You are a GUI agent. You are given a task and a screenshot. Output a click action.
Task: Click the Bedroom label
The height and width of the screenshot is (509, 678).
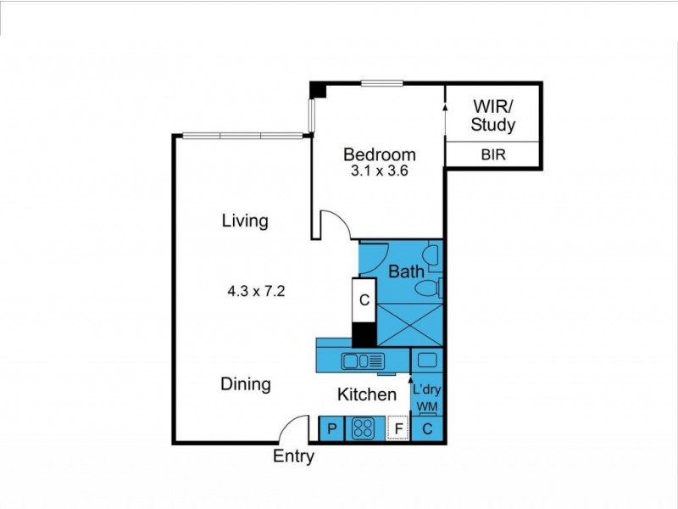[x=379, y=155]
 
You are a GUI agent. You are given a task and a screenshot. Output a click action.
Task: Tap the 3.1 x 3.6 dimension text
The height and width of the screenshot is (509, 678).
[x=379, y=171]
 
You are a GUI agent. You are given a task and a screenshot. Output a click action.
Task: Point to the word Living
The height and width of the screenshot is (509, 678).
[x=245, y=221]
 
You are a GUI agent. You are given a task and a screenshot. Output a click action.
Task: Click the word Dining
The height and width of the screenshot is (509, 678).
[x=246, y=384]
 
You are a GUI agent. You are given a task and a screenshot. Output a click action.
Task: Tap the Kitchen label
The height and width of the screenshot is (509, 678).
[x=367, y=394]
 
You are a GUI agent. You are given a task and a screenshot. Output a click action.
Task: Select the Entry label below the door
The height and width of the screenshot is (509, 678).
[x=293, y=456]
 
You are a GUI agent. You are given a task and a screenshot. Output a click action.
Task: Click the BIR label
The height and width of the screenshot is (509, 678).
[x=493, y=155]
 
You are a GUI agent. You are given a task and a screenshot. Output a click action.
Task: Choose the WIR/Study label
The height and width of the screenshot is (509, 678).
[x=492, y=116]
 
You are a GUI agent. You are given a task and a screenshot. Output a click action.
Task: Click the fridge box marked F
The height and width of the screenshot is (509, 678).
[x=397, y=429]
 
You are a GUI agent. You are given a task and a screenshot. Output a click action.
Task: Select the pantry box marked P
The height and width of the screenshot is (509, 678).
[x=331, y=429]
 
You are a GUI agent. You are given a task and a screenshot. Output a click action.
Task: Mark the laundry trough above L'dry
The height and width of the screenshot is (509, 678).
[x=427, y=361]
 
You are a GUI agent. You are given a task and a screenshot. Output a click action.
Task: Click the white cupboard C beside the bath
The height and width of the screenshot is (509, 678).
[x=364, y=300]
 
